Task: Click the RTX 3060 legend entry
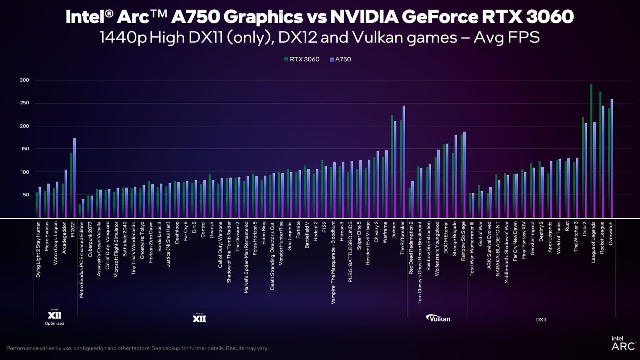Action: (302, 59)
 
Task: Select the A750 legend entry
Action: (340, 59)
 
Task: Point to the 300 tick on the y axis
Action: (24, 80)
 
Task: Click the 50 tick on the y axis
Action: (26, 195)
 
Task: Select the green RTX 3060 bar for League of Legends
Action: (591, 152)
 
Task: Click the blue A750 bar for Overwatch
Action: (612, 160)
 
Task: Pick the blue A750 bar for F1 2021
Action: (74, 178)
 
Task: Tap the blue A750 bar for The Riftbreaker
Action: (404, 160)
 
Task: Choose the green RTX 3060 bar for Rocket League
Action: (600, 156)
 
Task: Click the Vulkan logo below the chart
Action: (439, 318)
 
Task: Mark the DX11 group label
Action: (541, 320)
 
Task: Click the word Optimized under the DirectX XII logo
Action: (54, 323)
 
